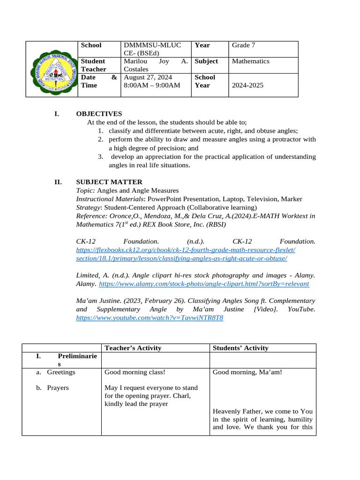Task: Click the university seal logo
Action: tap(52, 69)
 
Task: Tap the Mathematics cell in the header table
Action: tap(250, 61)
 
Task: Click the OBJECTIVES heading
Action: tap(99, 114)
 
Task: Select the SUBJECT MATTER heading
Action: tap(109, 182)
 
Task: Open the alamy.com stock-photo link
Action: tap(204, 284)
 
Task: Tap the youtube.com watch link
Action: tap(150, 318)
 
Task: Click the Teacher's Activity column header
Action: tap(133, 348)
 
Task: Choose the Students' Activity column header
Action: tap(240, 348)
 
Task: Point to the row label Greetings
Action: tap(60, 372)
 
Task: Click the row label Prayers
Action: tap(58, 388)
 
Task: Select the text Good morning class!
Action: tap(135, 372)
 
